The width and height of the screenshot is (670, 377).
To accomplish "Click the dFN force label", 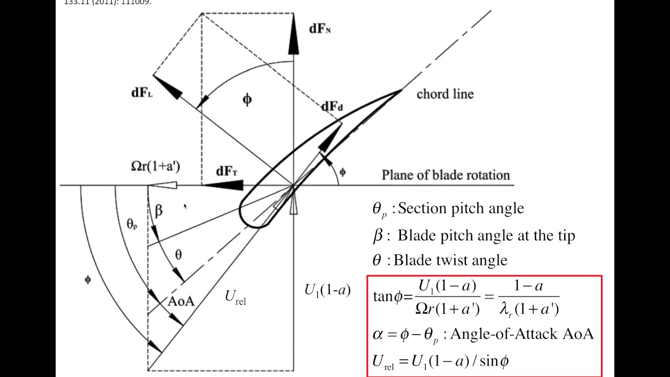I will [319, 29].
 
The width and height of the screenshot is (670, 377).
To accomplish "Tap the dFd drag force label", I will [332, 107].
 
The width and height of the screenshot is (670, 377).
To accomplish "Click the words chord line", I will [445, 94].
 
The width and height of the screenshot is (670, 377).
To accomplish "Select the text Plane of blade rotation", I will [445, 174].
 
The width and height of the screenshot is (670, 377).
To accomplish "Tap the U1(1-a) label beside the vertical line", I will [327, 290].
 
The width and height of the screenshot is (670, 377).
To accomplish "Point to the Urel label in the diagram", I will [235, 297].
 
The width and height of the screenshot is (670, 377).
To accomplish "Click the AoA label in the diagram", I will [181, 301].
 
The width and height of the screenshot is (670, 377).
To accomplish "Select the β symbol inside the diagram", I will [159, 210].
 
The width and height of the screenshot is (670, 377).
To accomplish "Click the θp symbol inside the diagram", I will [131, 224].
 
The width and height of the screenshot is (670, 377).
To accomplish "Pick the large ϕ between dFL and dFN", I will [247, 99].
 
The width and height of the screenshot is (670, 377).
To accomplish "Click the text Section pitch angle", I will [461, 208].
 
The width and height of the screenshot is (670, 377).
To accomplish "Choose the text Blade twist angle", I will [450, 260].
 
